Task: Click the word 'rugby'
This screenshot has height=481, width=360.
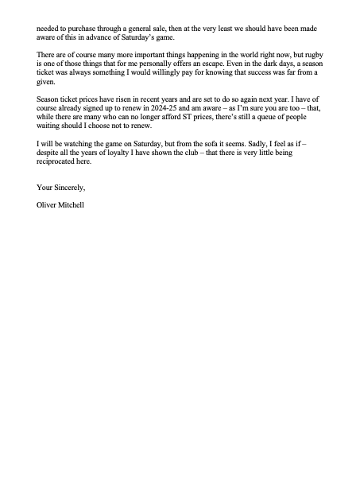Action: pyautogui.click(x=306, y=59)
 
